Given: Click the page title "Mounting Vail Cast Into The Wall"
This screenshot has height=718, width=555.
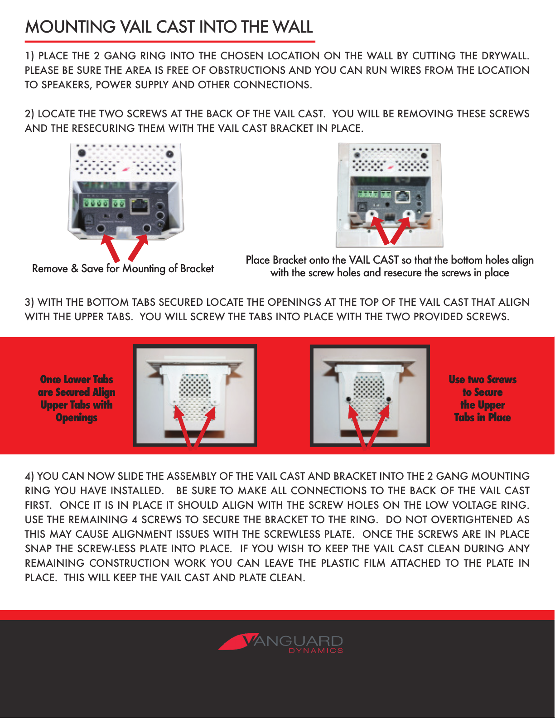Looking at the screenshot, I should [x=169, y=27].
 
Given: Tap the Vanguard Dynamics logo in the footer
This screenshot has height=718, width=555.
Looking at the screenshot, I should [x=281, y=643].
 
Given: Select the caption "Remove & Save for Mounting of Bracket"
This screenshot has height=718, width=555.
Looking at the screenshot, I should [x=123, y=269].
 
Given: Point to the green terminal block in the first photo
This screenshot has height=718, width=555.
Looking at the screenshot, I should [x=96, y=204].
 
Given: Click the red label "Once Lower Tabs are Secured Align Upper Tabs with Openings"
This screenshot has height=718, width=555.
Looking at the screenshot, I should [x=77, y=398].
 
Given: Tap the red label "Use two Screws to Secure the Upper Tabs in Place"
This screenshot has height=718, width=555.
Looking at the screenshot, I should [x=483, y=398].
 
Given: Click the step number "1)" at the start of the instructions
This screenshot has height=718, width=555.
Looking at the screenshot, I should [x=29, y=56].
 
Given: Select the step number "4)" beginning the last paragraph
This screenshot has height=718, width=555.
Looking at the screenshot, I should [x=29, y=477].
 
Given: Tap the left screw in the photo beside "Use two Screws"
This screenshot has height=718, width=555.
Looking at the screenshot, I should [x=348, y=399].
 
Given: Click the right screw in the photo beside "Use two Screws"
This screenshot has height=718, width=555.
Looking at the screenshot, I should [x=388, y=399].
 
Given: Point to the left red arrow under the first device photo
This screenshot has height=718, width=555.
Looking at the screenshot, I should [x=110, y=248].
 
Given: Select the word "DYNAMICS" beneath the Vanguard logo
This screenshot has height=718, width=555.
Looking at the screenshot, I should [x=316, y=651].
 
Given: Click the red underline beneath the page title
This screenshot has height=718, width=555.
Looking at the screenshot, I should [x=170, y=41].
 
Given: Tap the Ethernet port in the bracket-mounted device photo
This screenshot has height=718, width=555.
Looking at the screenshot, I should [x=403, y=196].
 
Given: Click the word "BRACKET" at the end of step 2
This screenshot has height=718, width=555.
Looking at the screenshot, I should [x=291, y=129].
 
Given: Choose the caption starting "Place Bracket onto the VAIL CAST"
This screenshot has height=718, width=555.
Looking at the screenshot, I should [x=390, y=266].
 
